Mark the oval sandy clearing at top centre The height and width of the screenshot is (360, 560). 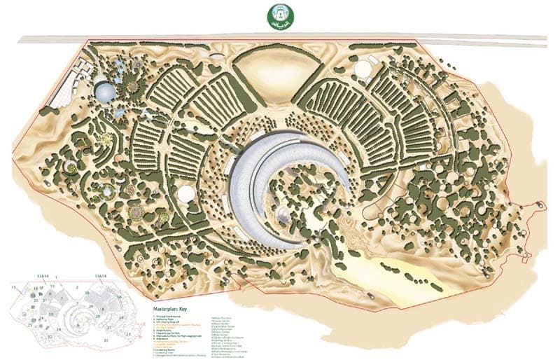click(267, 71)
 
